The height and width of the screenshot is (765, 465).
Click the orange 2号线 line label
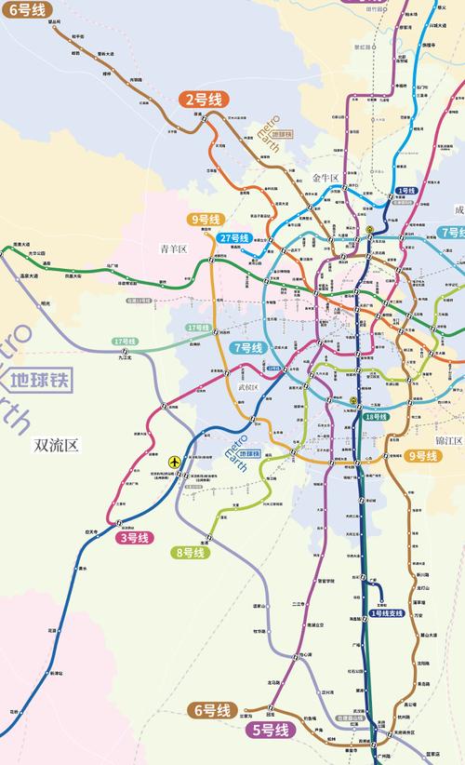point(205,99)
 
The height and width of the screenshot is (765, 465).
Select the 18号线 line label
point(376,416)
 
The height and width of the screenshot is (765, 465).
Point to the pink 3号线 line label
point(133,538)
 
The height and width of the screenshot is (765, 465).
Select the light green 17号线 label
point(198,328)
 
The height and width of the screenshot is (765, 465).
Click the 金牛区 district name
point(328,175)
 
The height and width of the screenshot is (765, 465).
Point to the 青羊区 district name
point(174,249)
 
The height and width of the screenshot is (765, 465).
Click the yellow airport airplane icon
point(174,462)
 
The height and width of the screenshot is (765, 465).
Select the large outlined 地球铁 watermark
point(39,379)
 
